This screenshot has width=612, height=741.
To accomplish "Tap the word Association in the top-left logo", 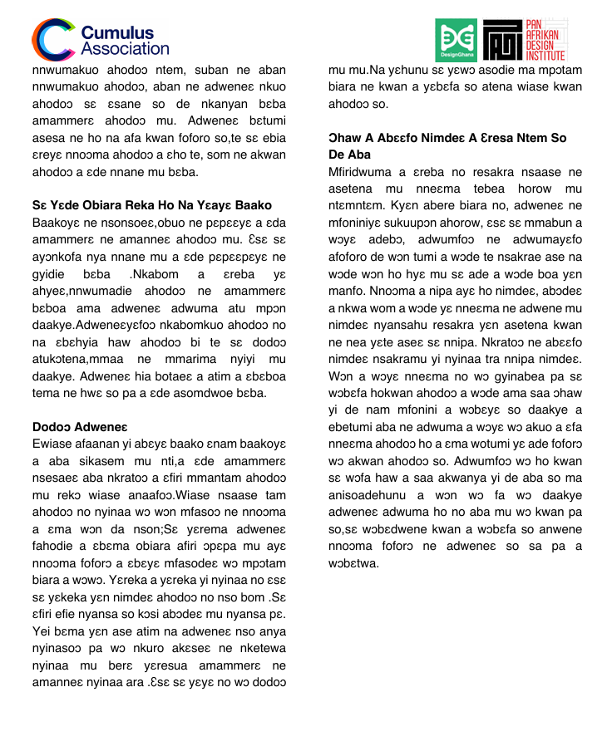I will (x=125, y=48).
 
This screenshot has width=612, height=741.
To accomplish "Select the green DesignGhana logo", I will (x=456, y=40).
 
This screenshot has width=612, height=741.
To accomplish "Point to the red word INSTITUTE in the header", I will (x=545, y=56).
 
